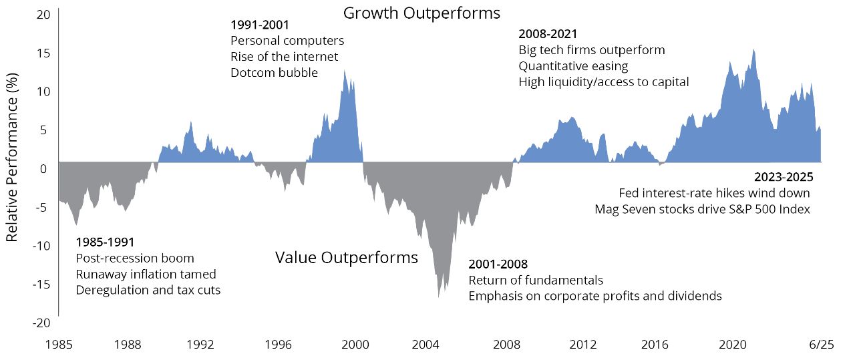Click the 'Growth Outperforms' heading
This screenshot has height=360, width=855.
point(421,13)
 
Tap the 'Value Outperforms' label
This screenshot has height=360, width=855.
point(347,258)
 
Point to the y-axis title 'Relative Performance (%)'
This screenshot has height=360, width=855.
point(12,166)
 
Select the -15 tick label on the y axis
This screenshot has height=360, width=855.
point(41,284)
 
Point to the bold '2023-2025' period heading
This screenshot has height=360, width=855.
point(782,178)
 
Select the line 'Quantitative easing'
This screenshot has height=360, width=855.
point(573,66)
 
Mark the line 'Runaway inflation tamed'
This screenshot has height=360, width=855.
point(146,274)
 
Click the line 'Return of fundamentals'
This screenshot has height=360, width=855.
point(536,280)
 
